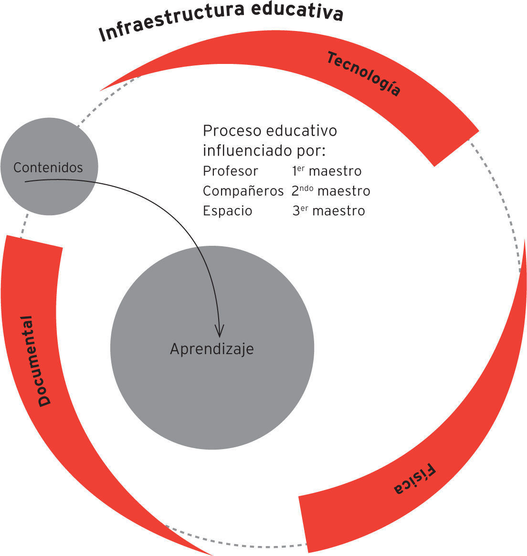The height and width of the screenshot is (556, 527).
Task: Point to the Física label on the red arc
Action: tap(415, 480)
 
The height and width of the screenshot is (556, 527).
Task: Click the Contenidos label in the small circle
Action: tap(48, 168)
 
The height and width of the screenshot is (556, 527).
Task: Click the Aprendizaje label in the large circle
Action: tap(212, 349)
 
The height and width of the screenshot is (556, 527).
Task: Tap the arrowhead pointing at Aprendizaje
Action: tap(219, 330)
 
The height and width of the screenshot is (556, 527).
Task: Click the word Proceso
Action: tap(232, 131)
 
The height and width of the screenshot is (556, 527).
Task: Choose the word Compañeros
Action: tap(243, 191)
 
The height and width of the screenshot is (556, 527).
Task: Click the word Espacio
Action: tap(227, 211)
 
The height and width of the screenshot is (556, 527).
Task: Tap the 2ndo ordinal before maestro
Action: tap(302, 190)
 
